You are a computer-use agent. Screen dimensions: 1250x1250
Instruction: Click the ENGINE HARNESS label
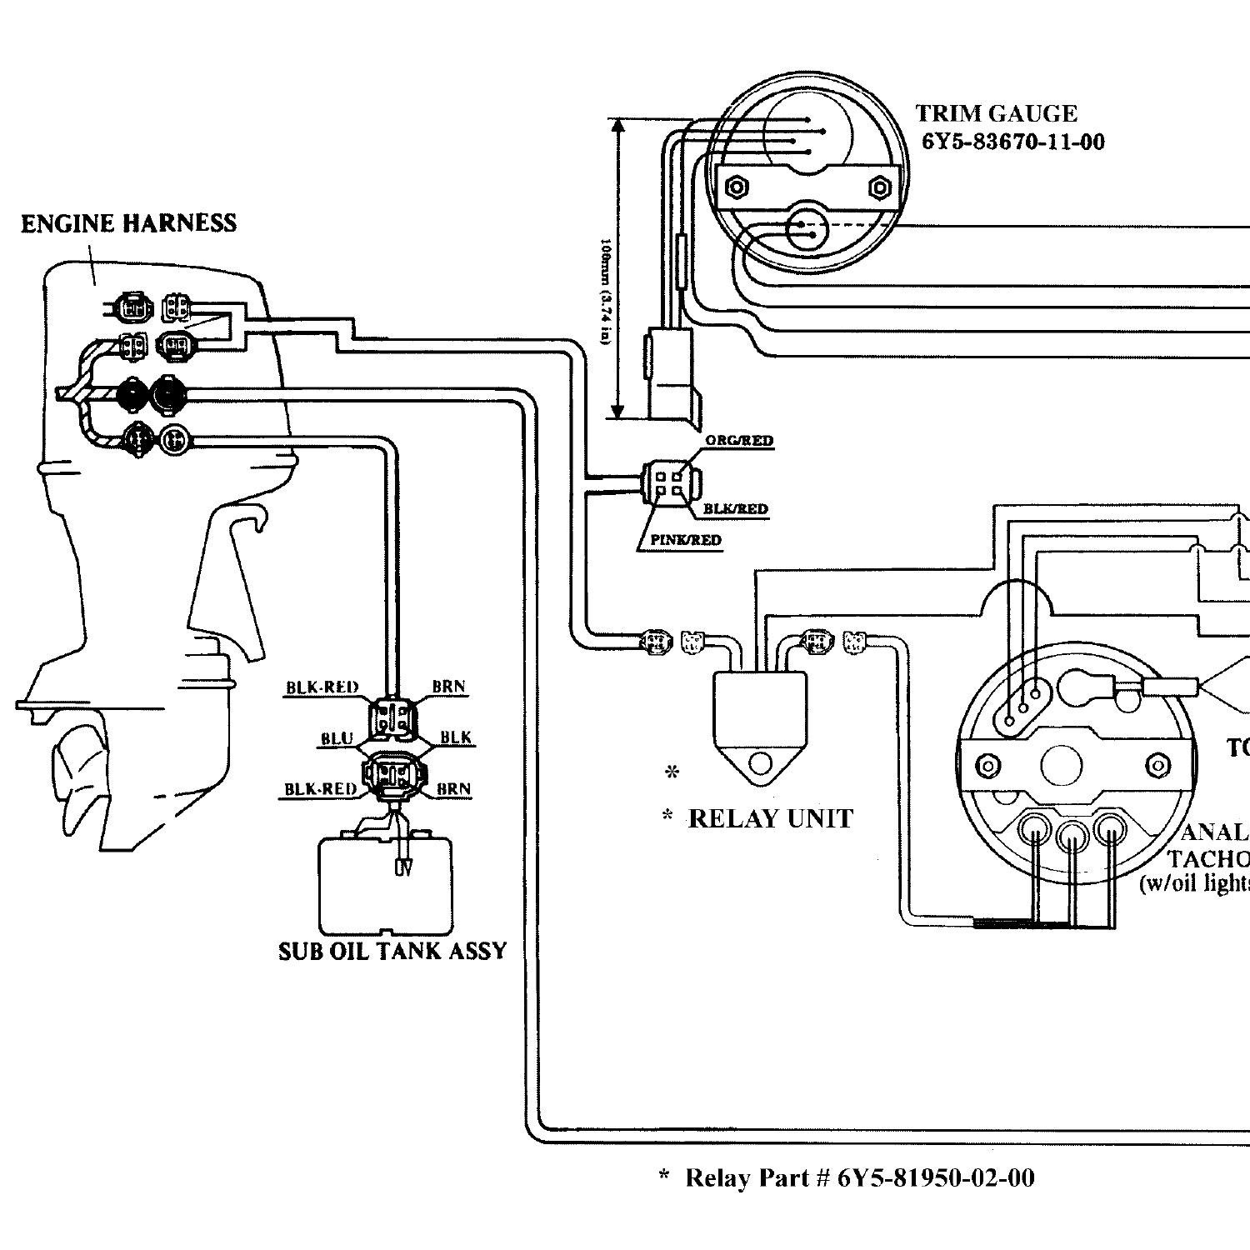128,223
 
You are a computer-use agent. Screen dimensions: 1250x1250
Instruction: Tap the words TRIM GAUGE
996,113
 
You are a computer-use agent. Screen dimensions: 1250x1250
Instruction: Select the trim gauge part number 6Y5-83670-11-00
1012,142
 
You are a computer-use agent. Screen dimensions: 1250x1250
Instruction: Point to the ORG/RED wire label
738,440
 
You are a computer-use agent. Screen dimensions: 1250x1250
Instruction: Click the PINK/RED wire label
685,540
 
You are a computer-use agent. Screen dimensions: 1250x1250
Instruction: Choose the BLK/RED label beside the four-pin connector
735,508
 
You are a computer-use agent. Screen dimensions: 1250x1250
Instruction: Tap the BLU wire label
337,738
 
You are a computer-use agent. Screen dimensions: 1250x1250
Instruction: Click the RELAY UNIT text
770,819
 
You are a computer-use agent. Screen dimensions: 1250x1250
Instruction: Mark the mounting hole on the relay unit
759,762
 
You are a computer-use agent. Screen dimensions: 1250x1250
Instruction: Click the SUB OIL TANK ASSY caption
392,951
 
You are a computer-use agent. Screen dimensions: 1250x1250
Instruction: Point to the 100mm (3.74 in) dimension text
607,292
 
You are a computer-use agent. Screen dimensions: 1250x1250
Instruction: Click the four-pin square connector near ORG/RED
670,484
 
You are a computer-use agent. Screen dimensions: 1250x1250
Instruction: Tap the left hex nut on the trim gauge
736,187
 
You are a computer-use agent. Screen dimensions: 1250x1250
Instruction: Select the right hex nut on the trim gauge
879,187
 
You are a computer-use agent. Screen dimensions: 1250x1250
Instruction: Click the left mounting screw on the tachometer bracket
988,764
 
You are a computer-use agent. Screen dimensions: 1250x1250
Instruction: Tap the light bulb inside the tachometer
1083,688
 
